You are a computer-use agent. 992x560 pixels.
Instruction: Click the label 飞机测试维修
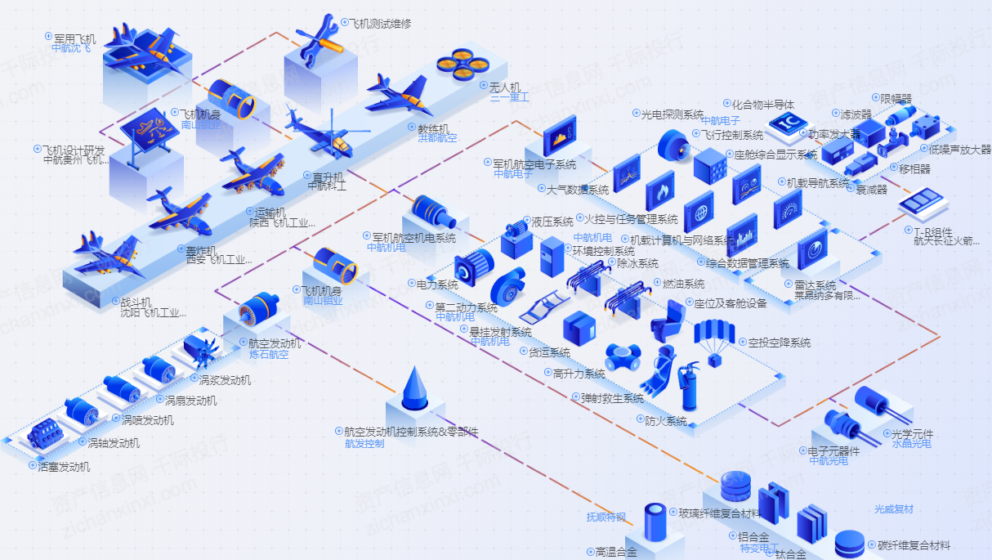tap(381, 24)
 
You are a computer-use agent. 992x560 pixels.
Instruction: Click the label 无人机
tap(504, 87)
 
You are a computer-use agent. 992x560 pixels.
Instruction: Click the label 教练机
tap(433, 128)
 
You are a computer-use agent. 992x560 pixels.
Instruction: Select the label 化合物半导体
tap(762, 105)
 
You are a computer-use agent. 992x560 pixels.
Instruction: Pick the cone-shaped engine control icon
tap(416, 388)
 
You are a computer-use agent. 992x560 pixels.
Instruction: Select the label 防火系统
tap(665, 421)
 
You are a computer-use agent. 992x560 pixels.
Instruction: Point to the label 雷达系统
tap(815, 285)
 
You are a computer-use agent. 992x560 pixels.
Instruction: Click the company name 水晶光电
tap(911, 444)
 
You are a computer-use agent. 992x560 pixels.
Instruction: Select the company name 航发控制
tap(364, 444)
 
